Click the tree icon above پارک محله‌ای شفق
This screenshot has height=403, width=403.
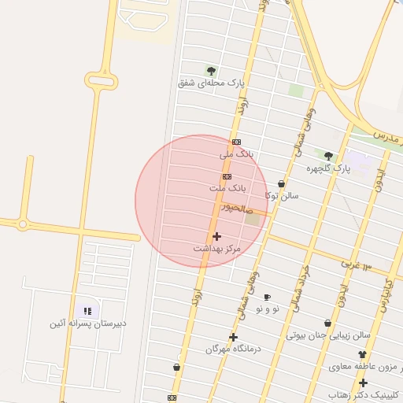[x=211, y=71]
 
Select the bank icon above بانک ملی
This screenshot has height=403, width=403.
[x=237, y=142]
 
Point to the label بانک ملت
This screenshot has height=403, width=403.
[x=227, y=189]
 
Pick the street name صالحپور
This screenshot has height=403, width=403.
[x=235, y=208]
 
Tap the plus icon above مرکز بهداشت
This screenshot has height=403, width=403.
[x=216, y=236]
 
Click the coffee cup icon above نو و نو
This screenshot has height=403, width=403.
[x=267, y=297]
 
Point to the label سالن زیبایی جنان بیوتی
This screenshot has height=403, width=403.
[x=327, y=335]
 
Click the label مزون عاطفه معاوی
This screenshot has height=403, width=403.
[x=363, y=366]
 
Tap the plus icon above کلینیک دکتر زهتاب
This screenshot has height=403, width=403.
[x=363, y=383]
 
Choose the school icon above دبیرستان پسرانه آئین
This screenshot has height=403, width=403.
[x=87, y=311]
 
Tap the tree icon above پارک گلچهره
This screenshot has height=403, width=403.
[x=328, y=155]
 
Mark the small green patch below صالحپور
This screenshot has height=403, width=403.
[x=252, y=219]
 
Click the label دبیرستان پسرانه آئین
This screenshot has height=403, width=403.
[x=86, y=323]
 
